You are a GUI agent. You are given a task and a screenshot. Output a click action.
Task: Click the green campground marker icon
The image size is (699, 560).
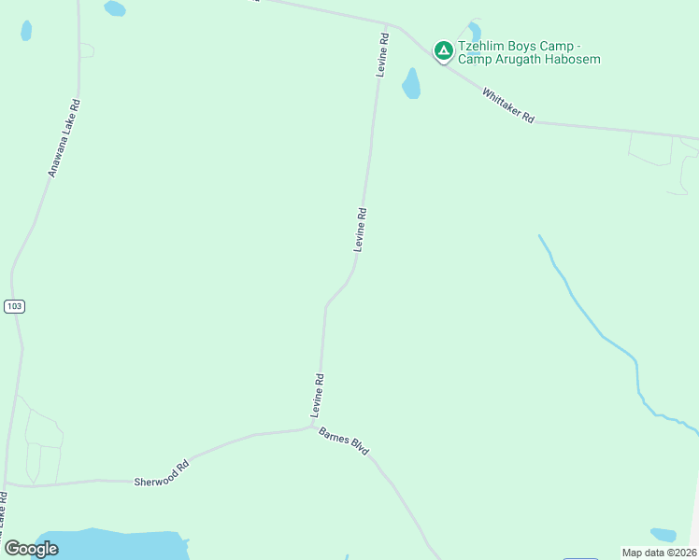[443, 49]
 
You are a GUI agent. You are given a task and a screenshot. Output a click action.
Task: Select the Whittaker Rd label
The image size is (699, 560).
[508, 105]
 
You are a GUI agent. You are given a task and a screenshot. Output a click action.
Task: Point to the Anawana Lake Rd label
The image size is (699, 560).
[64, 138]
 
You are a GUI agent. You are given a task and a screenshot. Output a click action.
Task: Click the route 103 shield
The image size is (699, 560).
[13, 306]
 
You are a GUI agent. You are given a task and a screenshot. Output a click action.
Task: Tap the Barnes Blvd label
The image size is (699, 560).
[344, 441]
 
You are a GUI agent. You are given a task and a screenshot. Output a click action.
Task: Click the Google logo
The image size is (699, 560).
[32, 549]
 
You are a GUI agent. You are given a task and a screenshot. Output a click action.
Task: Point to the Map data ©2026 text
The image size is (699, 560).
[659, 553]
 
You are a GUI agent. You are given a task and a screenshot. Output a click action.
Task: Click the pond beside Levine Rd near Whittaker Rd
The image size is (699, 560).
[410, 84]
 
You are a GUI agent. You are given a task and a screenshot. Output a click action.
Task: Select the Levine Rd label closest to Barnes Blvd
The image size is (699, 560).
[318, 396]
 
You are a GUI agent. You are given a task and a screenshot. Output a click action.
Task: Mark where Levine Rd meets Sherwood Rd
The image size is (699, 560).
[312, 427]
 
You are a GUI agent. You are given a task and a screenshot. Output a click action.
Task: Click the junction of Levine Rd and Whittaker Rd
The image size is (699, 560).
[387, 25]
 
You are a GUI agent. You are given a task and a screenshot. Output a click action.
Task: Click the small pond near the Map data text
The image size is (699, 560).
[663, 535]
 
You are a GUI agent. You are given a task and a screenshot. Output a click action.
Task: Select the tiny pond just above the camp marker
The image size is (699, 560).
[475, 31]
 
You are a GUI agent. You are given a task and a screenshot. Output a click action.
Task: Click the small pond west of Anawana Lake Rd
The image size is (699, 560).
[25, 31]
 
